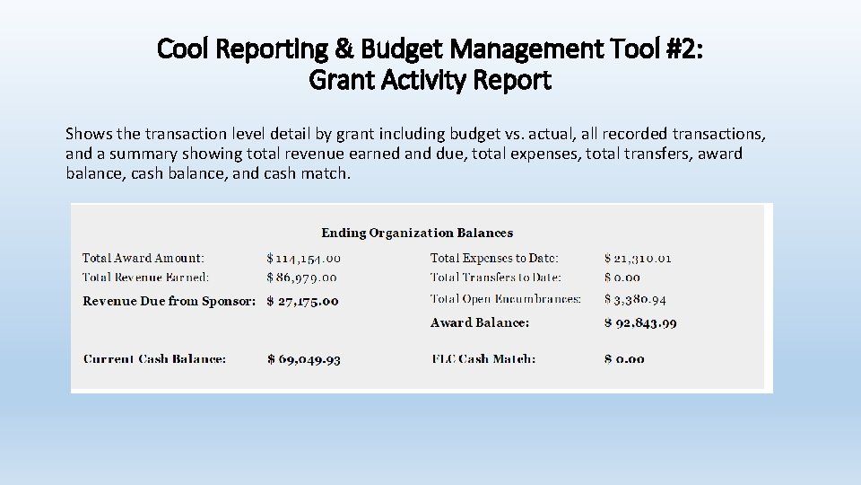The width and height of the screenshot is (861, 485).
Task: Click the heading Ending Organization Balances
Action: tap(417, 233)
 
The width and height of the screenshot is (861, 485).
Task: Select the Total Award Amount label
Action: tap(143, 258)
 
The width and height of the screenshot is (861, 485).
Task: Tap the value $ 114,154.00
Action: tap(303, 258)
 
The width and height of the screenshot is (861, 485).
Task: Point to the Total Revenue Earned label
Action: tap(145, 278)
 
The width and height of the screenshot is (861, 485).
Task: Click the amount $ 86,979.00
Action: tap(301, 278)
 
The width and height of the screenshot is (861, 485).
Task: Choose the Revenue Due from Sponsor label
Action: tap(170, 301)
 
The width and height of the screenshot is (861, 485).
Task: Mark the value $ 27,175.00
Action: tap(302, 301)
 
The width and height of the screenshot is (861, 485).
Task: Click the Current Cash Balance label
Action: tap(154, 358)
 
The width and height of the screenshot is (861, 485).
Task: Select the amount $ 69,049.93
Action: tap(303, 358)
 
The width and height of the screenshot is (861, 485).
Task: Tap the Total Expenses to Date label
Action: tap(494, 258)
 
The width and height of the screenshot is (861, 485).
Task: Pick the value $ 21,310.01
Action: tap(638, 258)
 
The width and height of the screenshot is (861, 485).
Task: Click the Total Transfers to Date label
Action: tap(496, 278)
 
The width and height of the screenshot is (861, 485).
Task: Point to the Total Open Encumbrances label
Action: tap(506, 299)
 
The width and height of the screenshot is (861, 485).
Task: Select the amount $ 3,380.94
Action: tap(635, 299)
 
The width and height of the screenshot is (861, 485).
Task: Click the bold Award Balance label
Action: tap(480, 322)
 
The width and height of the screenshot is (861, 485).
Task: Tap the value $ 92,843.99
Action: tap(640, 322)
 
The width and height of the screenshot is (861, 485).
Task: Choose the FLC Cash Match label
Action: tap(483, 358)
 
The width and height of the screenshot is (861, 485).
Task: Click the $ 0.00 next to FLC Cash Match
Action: tap(624, 358)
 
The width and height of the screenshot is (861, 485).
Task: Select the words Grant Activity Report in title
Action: tap(430, 80)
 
